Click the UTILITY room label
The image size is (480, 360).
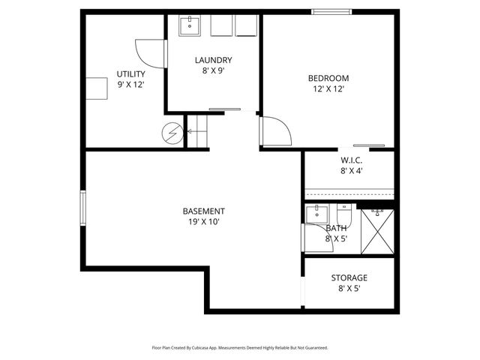(130, 74)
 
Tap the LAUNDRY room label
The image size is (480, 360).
(213, 60)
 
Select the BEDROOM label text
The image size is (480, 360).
(328, 78)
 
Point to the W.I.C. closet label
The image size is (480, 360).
(352, 160)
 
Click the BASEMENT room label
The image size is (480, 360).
(203, 211)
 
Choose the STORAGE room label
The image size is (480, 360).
(349, 277)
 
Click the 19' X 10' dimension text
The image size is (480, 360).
(203, 221)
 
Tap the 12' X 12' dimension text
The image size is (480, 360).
(328, 88)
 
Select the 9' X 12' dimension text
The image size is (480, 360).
(130, 85)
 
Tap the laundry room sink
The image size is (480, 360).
(190, 26)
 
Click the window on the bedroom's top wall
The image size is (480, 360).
(334, 11)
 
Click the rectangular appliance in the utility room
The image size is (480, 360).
(97, 88)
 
